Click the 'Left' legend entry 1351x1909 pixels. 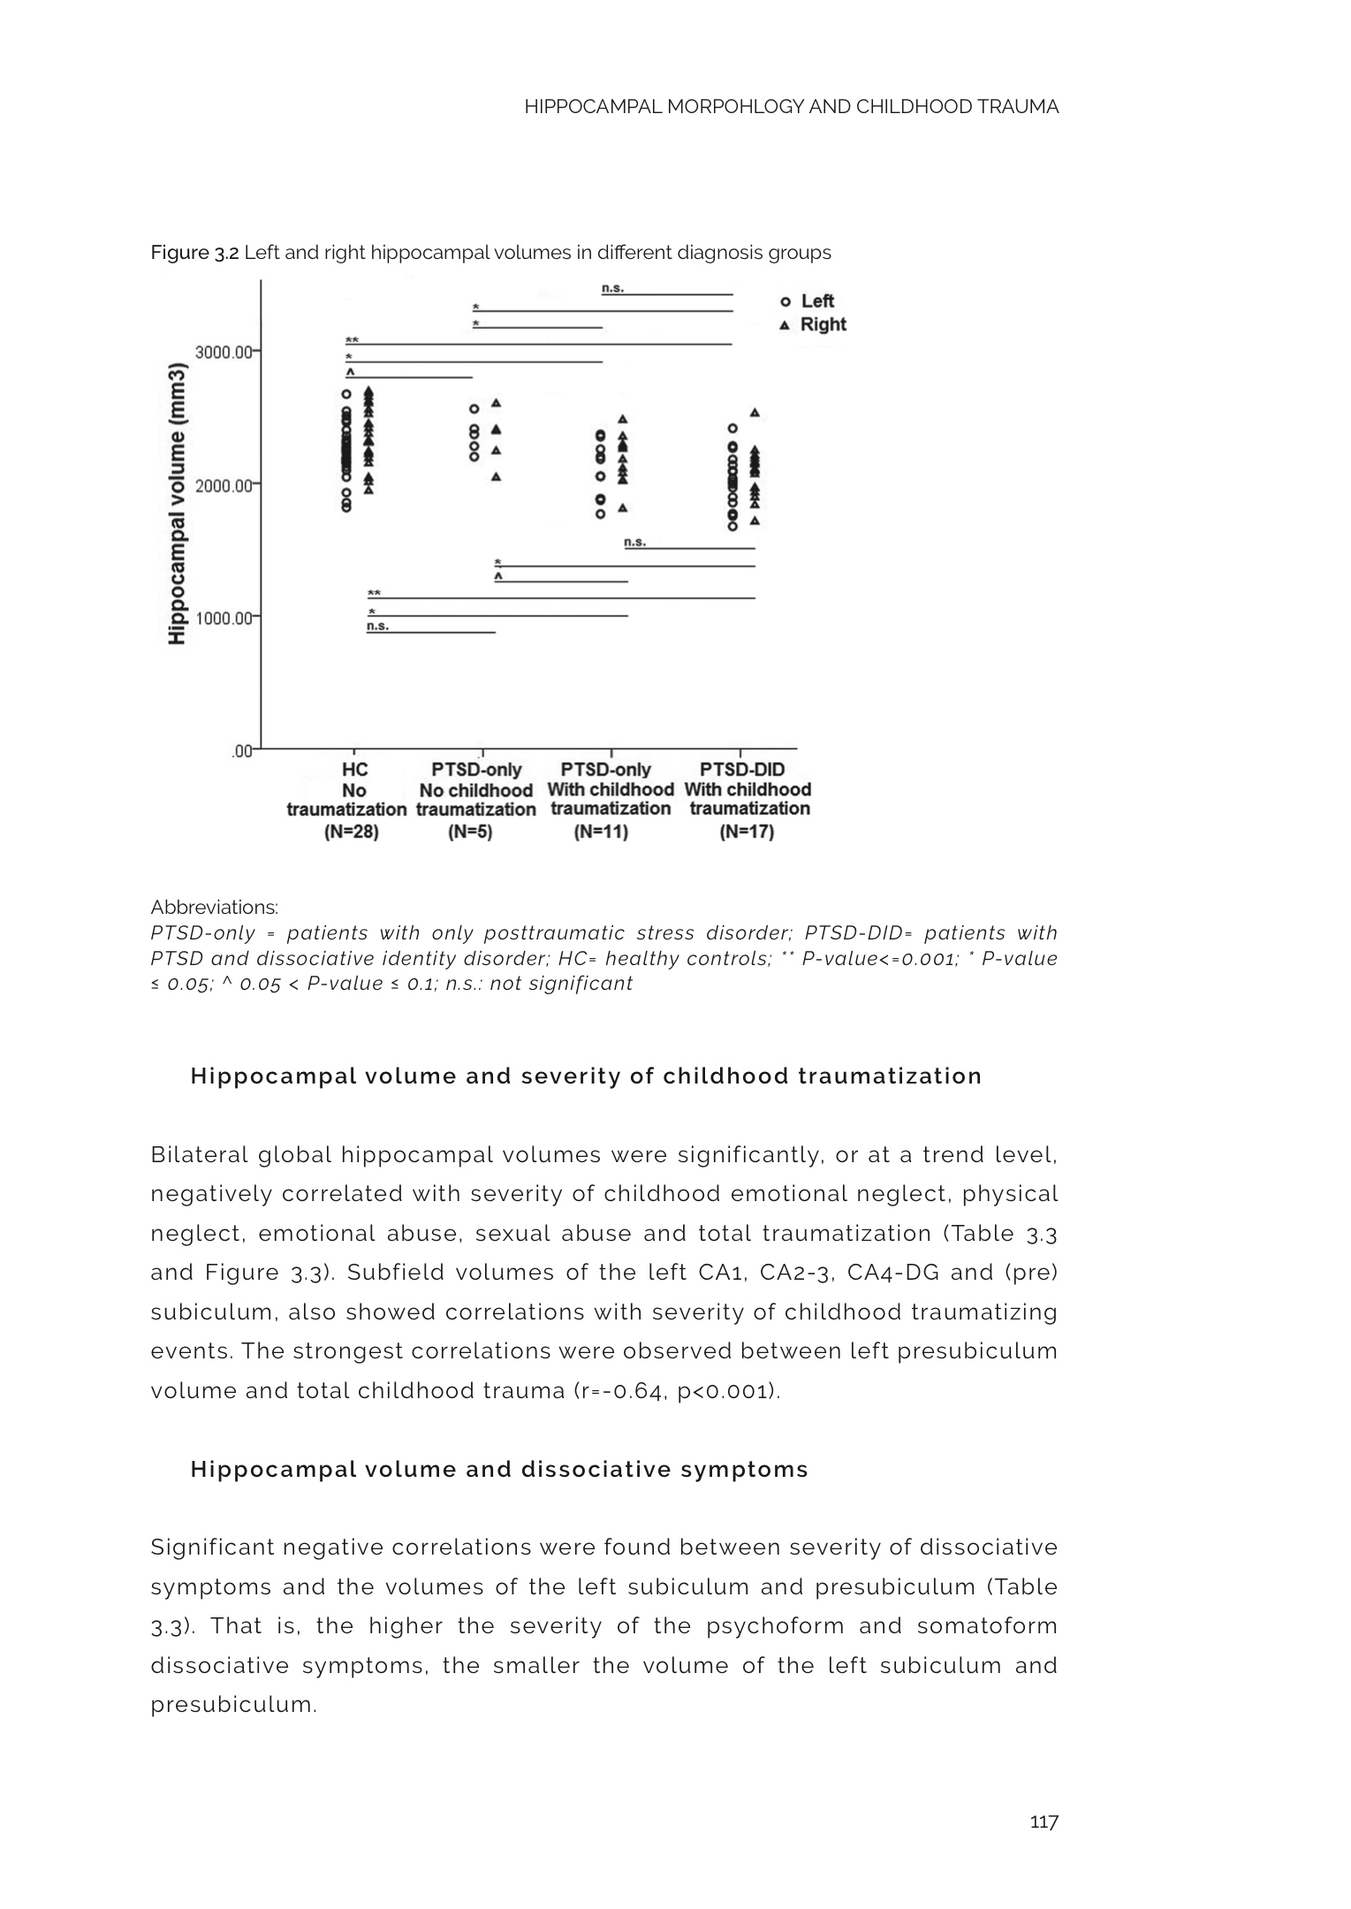[x=816, y=301]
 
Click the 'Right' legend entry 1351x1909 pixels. [x=822, y=324]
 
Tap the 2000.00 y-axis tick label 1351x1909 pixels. [x=225, y=484]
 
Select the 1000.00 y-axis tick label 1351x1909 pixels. [x=225, y=617]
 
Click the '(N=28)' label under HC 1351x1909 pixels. [x=352, y=832]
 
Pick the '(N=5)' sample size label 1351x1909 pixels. [x=470, y=832]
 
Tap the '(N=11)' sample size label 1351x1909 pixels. [x=601, y=832]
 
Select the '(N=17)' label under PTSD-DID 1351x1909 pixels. [x=747, y=832]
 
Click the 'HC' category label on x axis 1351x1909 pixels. [x=354, y=770]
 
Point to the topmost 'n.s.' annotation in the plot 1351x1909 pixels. [x=612, y=288]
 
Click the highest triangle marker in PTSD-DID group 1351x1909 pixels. [x=755, y=413]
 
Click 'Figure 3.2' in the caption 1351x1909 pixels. [x=194, y=253]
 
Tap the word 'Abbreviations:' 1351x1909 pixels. [x=214, y=908]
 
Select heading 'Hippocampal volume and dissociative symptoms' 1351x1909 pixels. [x=499, y=1470]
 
